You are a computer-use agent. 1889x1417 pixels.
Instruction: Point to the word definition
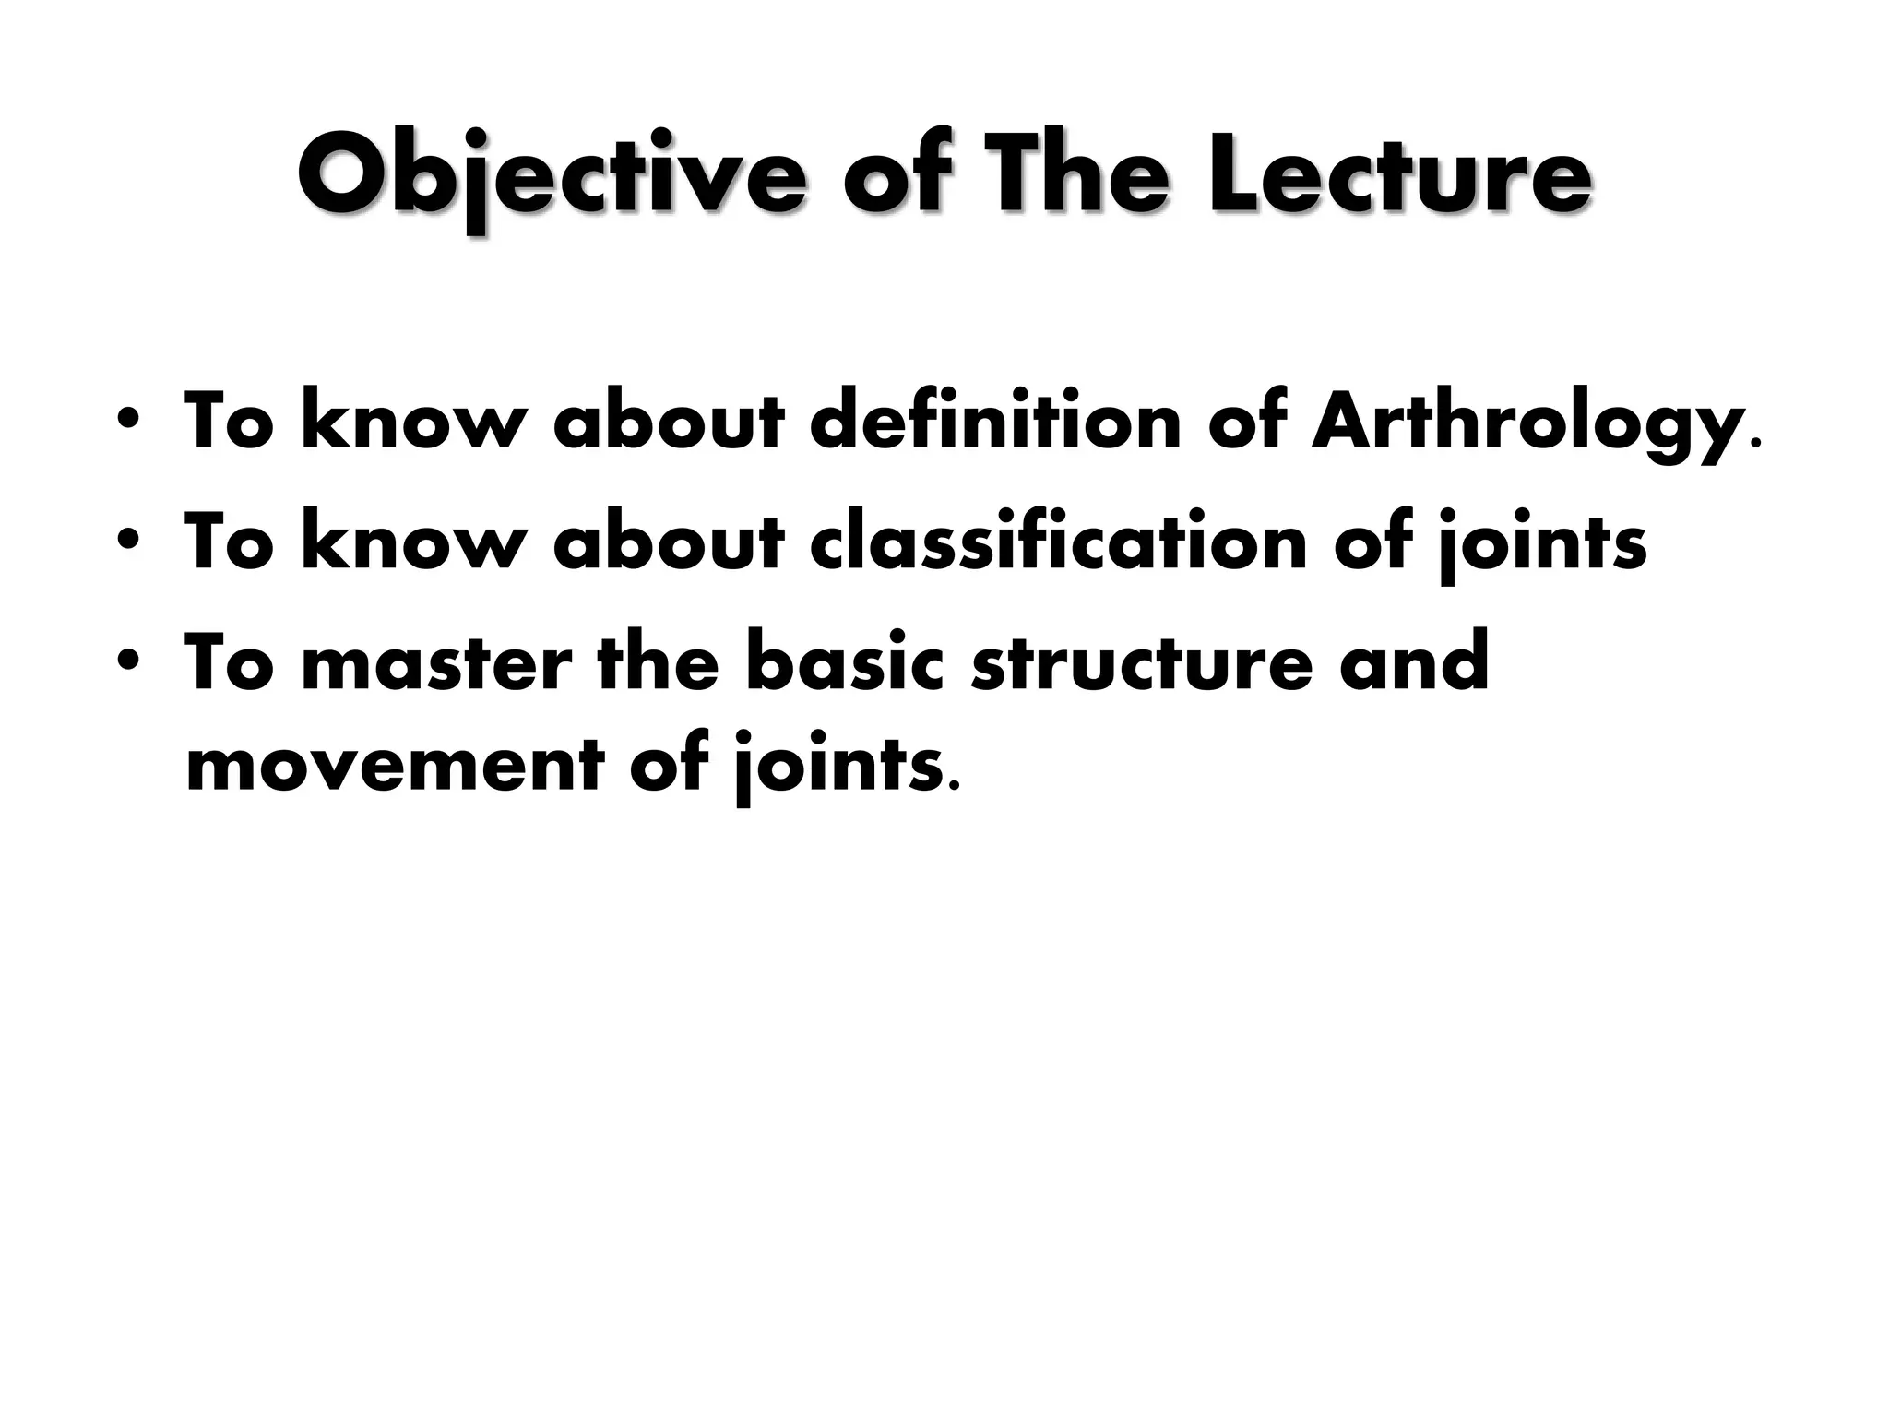pos(996,421)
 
